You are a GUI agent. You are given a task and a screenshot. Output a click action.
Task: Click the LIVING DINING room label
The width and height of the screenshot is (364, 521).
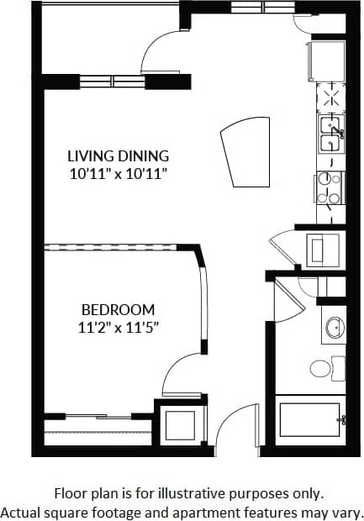(x=119, y=155)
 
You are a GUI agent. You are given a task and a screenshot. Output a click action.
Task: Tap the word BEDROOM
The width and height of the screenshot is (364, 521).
(x=119, y=308)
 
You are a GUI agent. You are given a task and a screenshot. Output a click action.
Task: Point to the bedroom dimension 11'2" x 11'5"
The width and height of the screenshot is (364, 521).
(x=119, y=326)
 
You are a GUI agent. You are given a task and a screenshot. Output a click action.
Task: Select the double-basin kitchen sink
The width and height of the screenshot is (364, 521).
(x=330, y=131)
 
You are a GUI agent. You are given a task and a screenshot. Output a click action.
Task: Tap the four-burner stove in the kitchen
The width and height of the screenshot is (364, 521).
(x=330, y=188)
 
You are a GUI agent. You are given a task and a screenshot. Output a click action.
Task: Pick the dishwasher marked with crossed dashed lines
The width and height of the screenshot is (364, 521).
(x=330, y=98)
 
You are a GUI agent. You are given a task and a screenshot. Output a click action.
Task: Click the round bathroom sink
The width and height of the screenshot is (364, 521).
(x=334, y=329)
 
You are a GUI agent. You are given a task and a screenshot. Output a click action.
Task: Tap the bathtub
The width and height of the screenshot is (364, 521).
(x=310, y=418)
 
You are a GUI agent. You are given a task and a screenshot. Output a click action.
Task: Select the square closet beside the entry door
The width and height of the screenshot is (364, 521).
(x=180, y=424)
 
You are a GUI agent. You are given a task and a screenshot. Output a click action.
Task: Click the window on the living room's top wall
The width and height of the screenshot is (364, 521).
(x=113, y=82)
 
